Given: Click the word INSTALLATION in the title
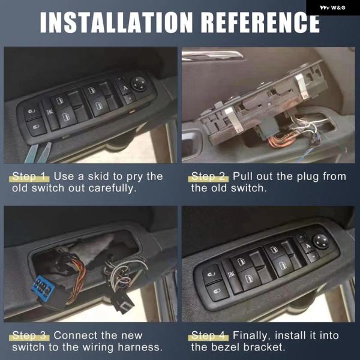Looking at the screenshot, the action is pyautogui.click(x=116, y=22).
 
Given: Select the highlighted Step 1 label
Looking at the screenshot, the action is pyautogui.click(x=29, y=176).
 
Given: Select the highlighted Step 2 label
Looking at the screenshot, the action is pyautogui.click(x=208, y=176).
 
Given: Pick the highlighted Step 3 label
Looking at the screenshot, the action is pyautogui.click(x=29, y=335).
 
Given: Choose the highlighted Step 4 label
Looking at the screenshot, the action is pyautogui.click(x=208, y=335).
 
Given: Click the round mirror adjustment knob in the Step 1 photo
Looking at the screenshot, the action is pyautogui.click(x=139, y=84).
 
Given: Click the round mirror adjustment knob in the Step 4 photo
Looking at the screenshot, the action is pyautogui.click(x=320, y=241).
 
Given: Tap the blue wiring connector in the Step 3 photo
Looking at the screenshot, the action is pyautogui.click(x=43, y=287).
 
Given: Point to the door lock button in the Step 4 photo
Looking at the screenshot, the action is pyautogui.click(x=217, y=290).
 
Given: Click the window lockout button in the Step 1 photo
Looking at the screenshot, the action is pyautogui.click(x=50, y=113).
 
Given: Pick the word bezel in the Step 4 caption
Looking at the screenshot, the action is pyautogui.click(x=225, y=347).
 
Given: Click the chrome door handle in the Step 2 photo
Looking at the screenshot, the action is pyautogui.click(x=212, y=56).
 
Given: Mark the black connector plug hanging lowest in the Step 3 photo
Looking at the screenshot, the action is pyautogui.click(x=122, y=301).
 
